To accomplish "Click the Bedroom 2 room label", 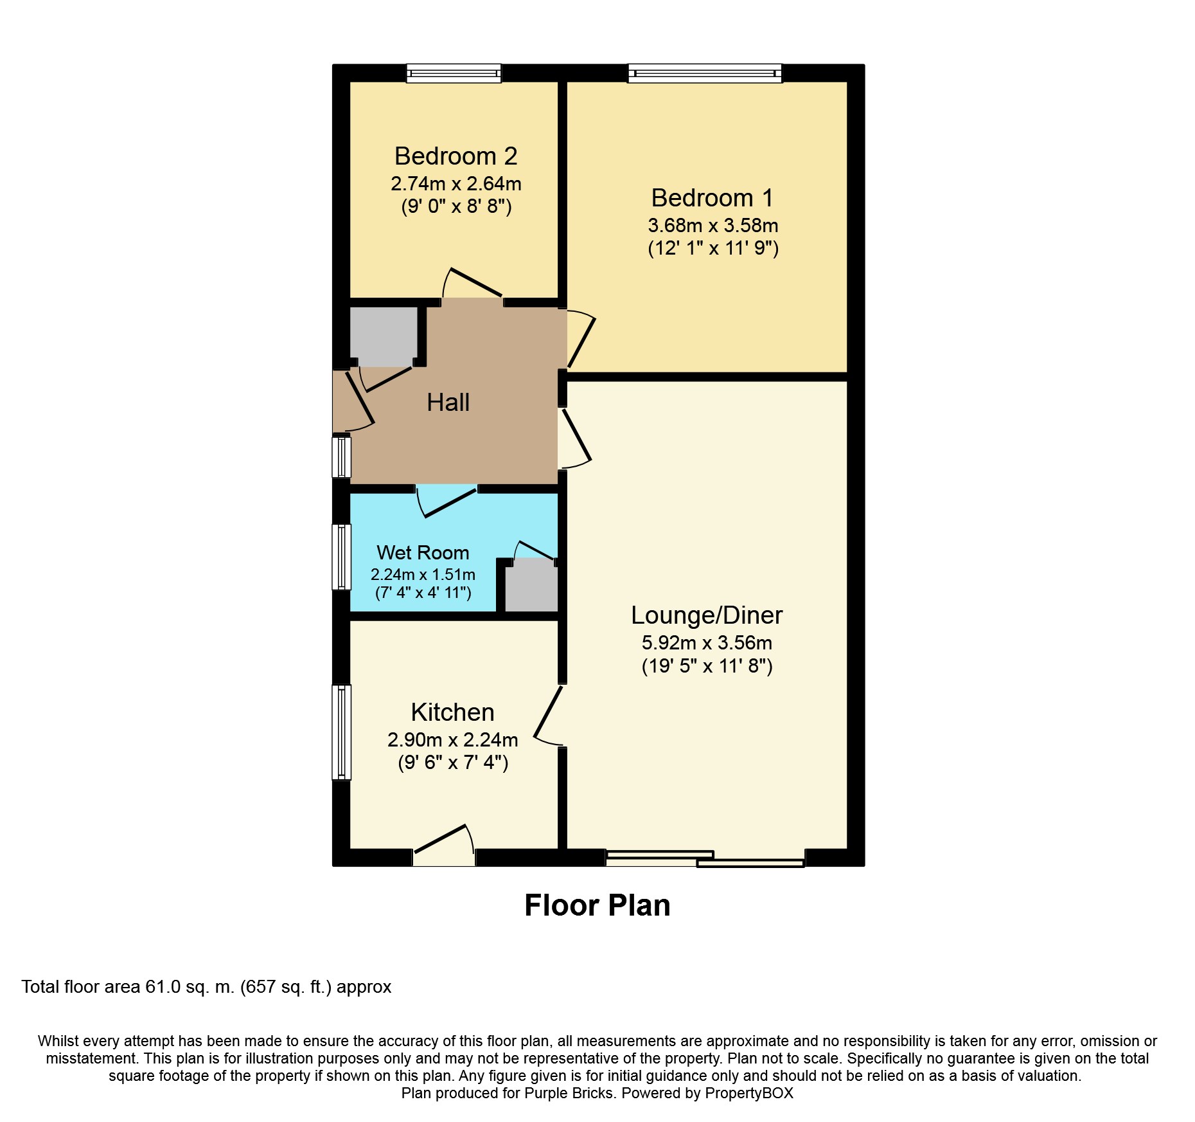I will point(456,156).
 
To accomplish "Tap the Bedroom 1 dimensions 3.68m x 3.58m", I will point(713,226).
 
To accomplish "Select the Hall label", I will point(448,403).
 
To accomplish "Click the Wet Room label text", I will point(423,553).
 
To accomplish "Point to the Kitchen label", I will point(452,712).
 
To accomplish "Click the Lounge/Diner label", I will point(707,615).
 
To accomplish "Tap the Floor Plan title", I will point(597,905).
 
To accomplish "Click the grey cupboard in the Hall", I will point(383,337).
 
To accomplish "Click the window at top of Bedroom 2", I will point(454,73).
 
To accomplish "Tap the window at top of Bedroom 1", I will point(705,73).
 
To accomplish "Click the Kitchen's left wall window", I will point(342,732).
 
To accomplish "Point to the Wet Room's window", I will point(342,557).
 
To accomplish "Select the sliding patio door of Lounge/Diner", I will point(705,859).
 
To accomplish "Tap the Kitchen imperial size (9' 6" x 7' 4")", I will point(453,763).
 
